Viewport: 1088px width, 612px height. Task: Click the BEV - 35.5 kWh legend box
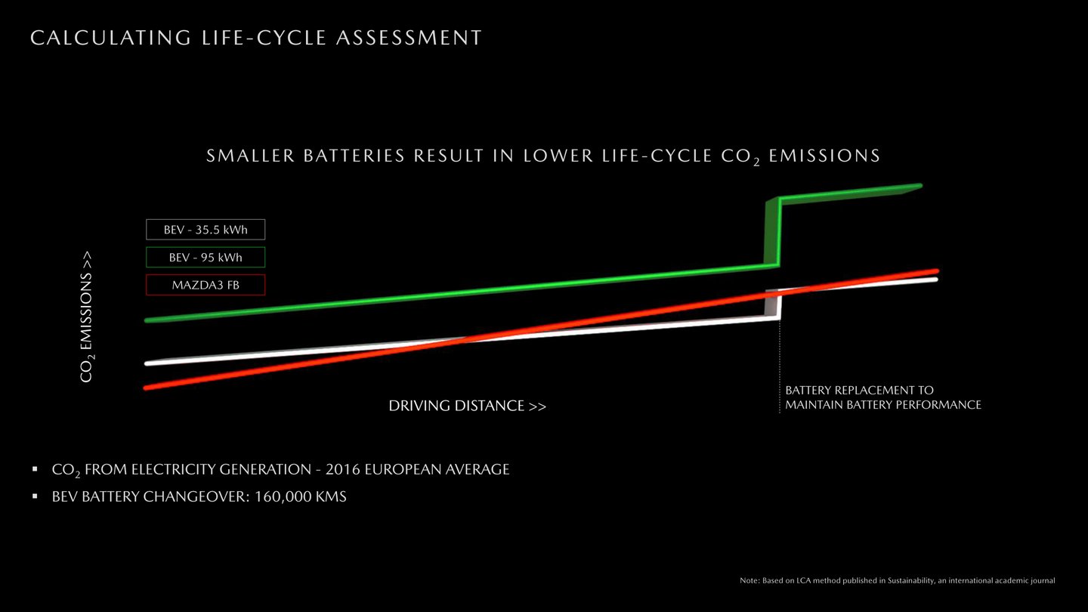(x=206, y=229)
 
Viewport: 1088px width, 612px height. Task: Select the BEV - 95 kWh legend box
(x=206, y=257)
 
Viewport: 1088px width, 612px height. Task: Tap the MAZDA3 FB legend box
(x=206, y=285)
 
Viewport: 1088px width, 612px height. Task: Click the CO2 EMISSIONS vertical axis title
(x=86, y=317)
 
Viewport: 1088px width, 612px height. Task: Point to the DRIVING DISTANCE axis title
(x=467, y=406)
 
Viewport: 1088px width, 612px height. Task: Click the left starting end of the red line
(x=147, y=388)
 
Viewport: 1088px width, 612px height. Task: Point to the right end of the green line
(x=920, y=186)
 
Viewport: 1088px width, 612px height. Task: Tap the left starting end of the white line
(x=147, y=363)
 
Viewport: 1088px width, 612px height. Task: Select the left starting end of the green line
(x=147, y=320)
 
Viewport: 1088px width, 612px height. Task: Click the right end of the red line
(x=936, y=271)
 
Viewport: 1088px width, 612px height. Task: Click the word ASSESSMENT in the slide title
(x=409, y=38)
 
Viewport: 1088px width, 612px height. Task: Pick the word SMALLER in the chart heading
(x=250, y=156)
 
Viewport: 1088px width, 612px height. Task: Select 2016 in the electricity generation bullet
(x=342, y=469)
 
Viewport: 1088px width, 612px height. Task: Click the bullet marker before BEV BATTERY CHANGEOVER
(x=35, y=496)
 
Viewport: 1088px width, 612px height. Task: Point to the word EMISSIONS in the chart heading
(x=824, y=156)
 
